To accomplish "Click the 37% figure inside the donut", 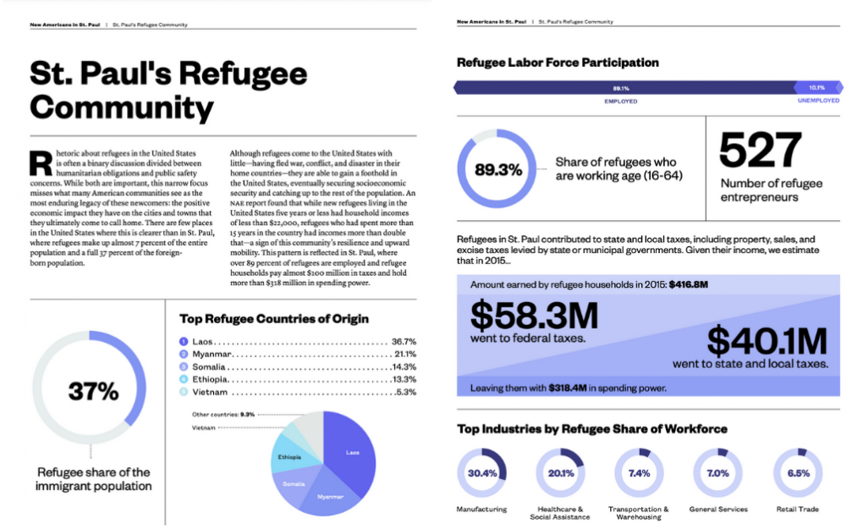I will [93, 391].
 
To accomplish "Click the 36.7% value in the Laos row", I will [404, 341].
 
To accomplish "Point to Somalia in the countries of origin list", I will [210, 366].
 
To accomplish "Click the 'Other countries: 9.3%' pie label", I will [223, 415].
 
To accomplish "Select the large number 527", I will [760, 152].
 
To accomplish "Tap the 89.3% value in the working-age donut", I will [498, 169].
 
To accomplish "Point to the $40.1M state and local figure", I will [767, 341].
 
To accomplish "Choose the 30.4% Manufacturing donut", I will [481, 473].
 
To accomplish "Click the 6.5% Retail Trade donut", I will [798, 473].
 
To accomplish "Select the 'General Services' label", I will [719, 510].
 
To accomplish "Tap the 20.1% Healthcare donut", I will [560, 473].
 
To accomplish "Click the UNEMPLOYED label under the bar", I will [818, 101].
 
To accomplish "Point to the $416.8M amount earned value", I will [688, 284].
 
